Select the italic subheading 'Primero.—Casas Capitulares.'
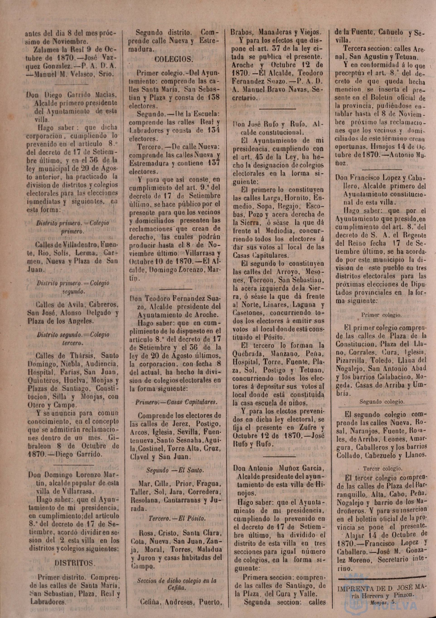176,402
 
